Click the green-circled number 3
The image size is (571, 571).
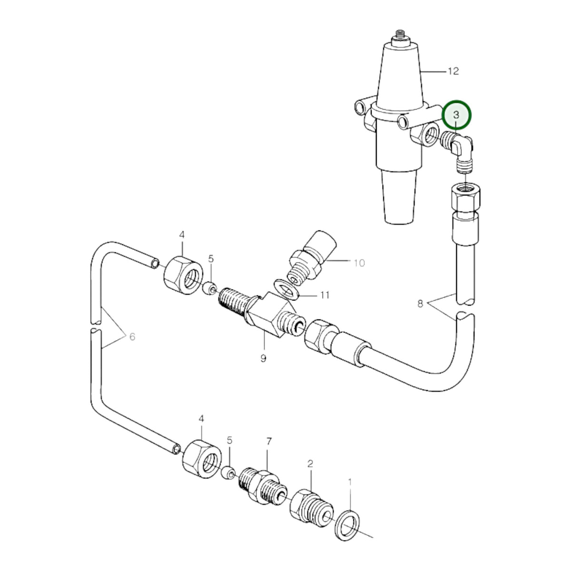[456, 115]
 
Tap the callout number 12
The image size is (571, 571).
[453, 71]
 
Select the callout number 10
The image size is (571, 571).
[359, 263]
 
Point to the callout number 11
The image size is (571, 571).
[325, 295]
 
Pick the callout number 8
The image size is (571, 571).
[420, 304]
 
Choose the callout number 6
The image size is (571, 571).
[132, 336]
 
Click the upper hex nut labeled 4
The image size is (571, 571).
[183, 275]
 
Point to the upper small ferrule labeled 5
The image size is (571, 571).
[210, 288]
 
